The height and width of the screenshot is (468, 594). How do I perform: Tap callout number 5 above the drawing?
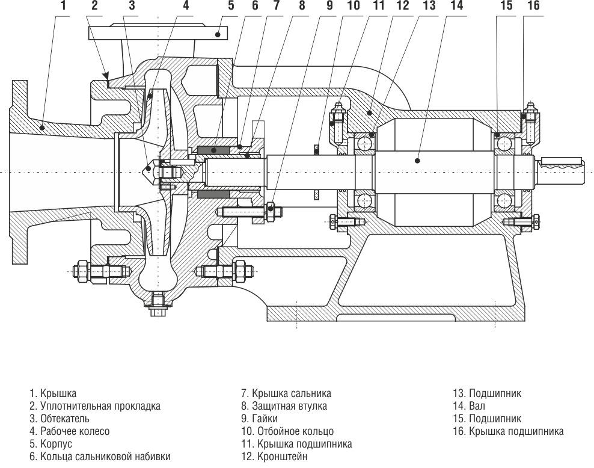pos(231,7)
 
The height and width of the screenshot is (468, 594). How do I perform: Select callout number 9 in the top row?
pos(329,7)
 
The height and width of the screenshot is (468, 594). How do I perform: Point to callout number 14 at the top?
pos(456,7)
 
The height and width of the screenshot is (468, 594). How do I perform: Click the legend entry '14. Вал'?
pos(468,406)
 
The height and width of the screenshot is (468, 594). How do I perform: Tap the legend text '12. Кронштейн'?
pos(274,457)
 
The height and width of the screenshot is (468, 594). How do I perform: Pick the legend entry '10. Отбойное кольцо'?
pos(287,431)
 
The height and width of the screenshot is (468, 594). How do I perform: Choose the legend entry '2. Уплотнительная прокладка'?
pos(95,406)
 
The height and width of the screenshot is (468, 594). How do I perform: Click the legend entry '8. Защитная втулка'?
pos(284,406)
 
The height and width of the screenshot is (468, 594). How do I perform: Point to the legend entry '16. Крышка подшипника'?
pos(507,431)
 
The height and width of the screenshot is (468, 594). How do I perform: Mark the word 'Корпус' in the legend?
pos(56,444)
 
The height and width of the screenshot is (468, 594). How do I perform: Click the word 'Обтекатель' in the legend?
pos(65,419)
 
